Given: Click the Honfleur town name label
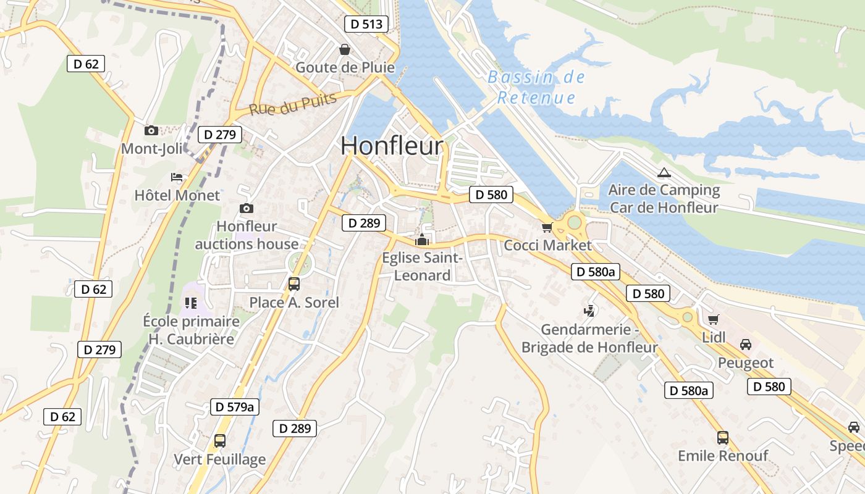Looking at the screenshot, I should point(392,146).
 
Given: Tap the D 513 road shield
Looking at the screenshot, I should point(366,24).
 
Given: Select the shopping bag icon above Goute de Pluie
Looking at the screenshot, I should point(344,49).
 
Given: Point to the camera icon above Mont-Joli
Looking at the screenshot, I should point(151,130).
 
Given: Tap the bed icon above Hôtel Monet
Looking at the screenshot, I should point(177,178).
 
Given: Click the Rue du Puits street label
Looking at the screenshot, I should point(293,104).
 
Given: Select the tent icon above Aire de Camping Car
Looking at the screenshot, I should point(664,172).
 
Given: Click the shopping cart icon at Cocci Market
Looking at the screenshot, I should point(547,228).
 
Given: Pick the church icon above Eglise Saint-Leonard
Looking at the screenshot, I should point(423,240).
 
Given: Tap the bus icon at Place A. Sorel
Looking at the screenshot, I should point(294,284).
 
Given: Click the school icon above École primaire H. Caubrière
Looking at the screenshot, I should point(190,303).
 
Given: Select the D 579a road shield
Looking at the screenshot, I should point(234,406).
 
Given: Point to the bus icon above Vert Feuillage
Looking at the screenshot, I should point(219,441).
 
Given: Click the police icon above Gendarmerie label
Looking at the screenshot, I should point(589,311).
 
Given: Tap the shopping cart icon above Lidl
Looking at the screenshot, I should point(714,319).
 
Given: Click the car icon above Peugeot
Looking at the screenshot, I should point(746,345).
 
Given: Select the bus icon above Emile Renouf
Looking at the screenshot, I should point(723,438).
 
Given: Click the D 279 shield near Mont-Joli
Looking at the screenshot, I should point(220,135).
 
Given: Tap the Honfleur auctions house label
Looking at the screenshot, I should point(247,235).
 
